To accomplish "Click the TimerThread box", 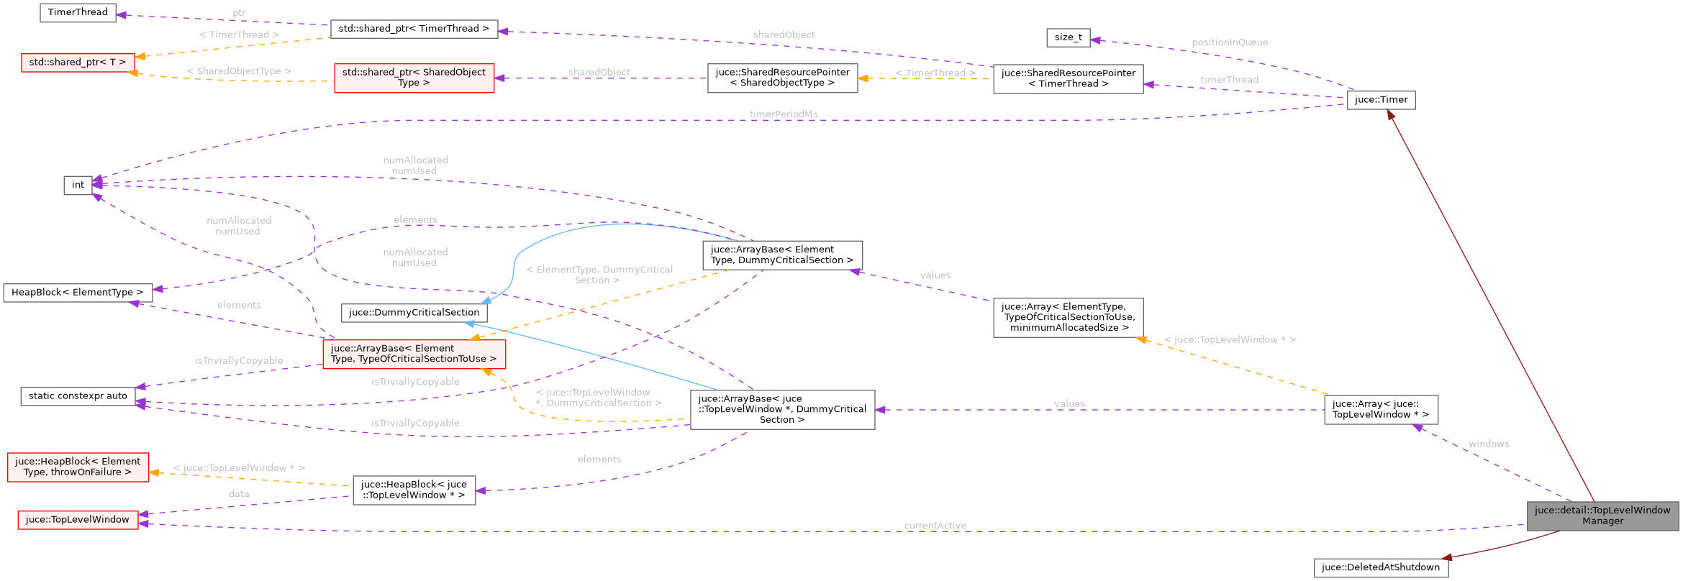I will pyautogui.click(x=78, y=13).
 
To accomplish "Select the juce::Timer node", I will pyautogui.click(x=1380, y=100).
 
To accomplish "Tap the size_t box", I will pyautogui.click(x=1068, y=37).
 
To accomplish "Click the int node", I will pyautogui.click(x=78, y=185).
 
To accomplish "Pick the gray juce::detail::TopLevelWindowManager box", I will pyautogui.click(x=1602, y=516).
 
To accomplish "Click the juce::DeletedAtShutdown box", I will pyautogui.click(x=1380, y=567).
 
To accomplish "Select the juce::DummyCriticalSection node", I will pyautogui.click(x=414, y=313).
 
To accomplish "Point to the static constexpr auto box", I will pyautogui.click(x=78, y=396).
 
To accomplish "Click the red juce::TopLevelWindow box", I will pyautogui.click(x=78, y=520).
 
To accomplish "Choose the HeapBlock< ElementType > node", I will pyautogui.click(x=78, y=293).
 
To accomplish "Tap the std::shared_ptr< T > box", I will pyautogui.click(x=78, y=63).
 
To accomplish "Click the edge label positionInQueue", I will pyautogui.click(x=1229, y=42).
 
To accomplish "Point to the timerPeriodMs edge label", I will pyautogui.click(x=783, y=114).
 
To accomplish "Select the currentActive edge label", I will pyautogui.click(x=935, y=526).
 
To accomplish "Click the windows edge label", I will pyautogui.click(x=1488, y=444).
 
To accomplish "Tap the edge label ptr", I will pyautogui.click(x=239, y=13).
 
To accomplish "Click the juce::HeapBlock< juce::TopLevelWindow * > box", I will pyautogui.click(x=414, y=490).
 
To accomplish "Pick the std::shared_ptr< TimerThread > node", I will pyautogui.click(x=414, y=29).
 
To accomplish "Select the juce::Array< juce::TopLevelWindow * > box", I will pyautogui.click(x=1380, y=410).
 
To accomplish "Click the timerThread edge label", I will pyautogui.click(x=1229, y=80).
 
